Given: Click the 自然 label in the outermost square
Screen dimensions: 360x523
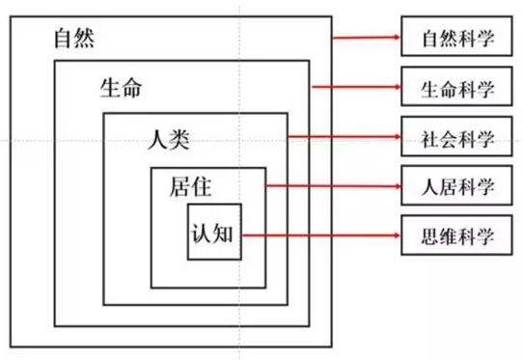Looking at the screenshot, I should pos(74,41).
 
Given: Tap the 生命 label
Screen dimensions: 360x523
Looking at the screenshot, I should pos(121,88).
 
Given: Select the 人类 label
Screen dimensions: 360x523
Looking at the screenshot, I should pos(168,137).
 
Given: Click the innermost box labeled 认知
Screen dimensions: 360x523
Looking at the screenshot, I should pos(213,233).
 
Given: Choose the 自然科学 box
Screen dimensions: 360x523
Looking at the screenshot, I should pos(457,41).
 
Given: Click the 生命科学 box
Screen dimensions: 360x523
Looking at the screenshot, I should pos(457,89).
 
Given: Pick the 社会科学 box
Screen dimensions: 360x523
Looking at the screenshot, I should pos(457,137).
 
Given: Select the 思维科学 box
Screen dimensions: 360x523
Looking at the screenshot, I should pos(457,233).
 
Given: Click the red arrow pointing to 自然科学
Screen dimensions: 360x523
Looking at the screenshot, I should pos(367,40).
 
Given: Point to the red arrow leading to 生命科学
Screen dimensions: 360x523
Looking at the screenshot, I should pos(357,89).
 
